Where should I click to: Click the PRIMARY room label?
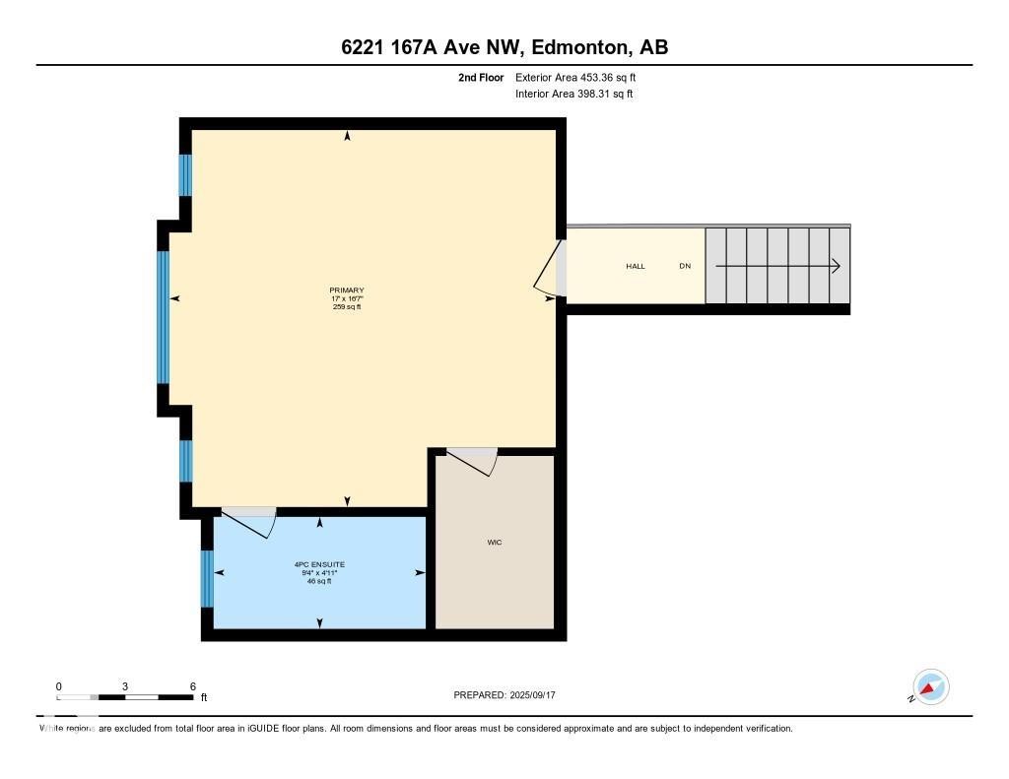[346, 290]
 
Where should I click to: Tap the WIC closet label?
[495, 543]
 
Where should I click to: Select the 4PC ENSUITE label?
[319, 564]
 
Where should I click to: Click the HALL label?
[636, 267]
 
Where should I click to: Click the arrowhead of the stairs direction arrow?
[835, 266]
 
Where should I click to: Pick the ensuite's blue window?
[207, 578]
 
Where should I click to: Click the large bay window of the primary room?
[164, 316]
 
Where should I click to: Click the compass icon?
[930, 687]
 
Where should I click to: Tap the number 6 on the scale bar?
[193, 686]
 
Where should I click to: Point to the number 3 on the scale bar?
[125, 686]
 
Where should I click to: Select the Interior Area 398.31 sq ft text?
[573, 95]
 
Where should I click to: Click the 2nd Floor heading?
[481, 77]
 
